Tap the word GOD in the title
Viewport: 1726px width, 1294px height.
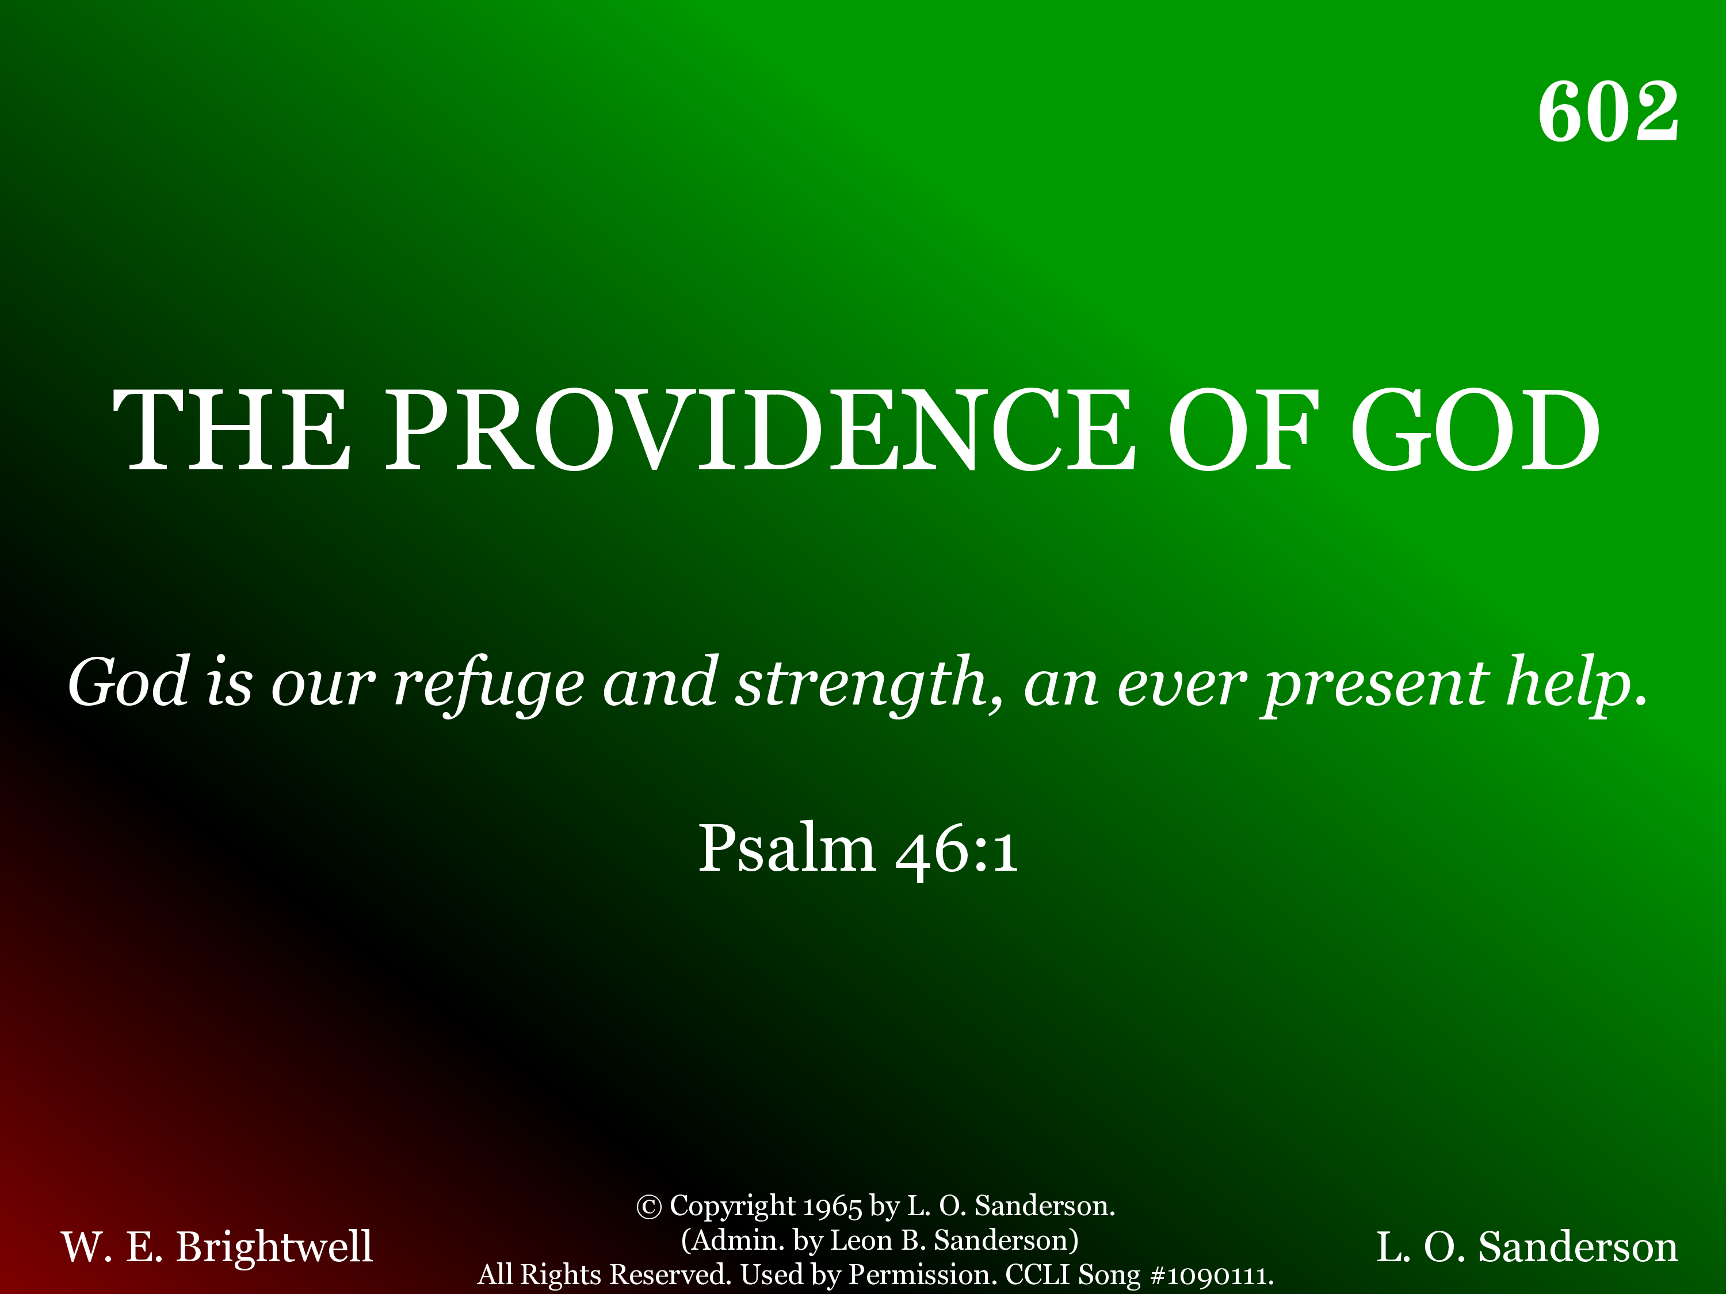tap(1475, 431)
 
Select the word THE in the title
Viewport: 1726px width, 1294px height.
tap(232, 431)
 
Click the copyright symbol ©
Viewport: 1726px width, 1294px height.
tap(649, 1207)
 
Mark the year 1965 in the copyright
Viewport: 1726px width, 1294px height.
tap(833, 1207)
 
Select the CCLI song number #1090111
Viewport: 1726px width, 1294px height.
tap(1211, 1275)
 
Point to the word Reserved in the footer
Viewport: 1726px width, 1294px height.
tap(670, 1274)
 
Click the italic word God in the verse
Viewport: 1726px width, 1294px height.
tap(129, 683)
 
